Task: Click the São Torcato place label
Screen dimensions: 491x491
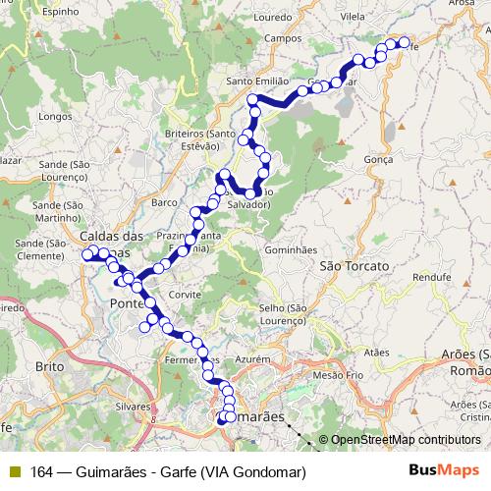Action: tap(355, 265)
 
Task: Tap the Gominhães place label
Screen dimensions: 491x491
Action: tap(289, 251)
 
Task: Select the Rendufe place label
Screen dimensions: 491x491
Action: tap(429, 277)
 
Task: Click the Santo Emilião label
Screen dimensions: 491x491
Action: tap(256, 81)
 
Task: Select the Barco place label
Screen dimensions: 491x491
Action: tap(164, 202)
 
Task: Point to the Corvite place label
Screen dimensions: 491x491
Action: tap(185, 294)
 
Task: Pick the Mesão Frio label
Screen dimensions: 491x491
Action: tap(330, 374)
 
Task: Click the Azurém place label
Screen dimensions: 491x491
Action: tap(252, 361)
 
